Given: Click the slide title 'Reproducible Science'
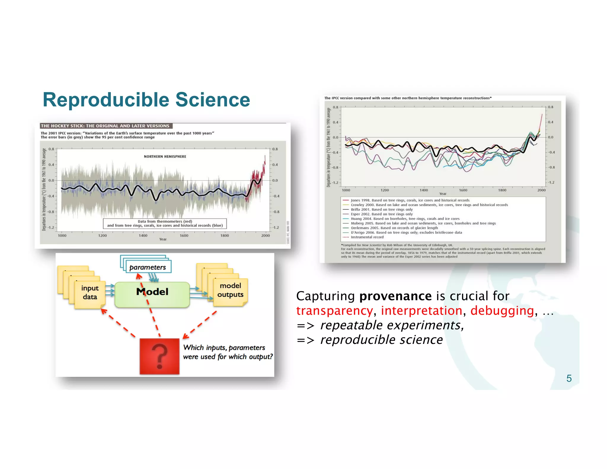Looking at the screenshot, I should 146,100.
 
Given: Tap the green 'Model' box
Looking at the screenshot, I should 152,294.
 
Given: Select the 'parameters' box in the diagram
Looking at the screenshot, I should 148,267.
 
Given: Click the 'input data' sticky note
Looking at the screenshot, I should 90,292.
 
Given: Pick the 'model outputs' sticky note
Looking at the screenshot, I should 230,290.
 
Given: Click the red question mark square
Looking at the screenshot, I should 159,356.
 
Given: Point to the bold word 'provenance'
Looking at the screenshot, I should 395,296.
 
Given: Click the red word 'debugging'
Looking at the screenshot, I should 502,311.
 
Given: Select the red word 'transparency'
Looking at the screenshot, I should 334,311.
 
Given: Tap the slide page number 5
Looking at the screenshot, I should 569,378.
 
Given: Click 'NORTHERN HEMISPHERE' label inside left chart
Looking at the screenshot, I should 165,157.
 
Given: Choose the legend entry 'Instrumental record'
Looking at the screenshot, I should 367,237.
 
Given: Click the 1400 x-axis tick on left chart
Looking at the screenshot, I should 143,236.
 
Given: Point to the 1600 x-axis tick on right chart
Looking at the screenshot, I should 463,190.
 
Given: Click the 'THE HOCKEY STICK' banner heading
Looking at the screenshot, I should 105,126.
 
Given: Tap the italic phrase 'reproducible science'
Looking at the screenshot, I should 381,340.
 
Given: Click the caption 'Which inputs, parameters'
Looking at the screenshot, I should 224,347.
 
